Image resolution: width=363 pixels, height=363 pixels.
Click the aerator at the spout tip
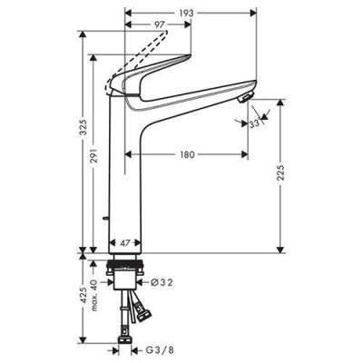(x=244, y=99)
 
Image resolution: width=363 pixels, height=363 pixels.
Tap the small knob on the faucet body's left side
(x=106, y=219)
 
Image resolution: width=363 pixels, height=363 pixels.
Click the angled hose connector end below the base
(x=139, y=315)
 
